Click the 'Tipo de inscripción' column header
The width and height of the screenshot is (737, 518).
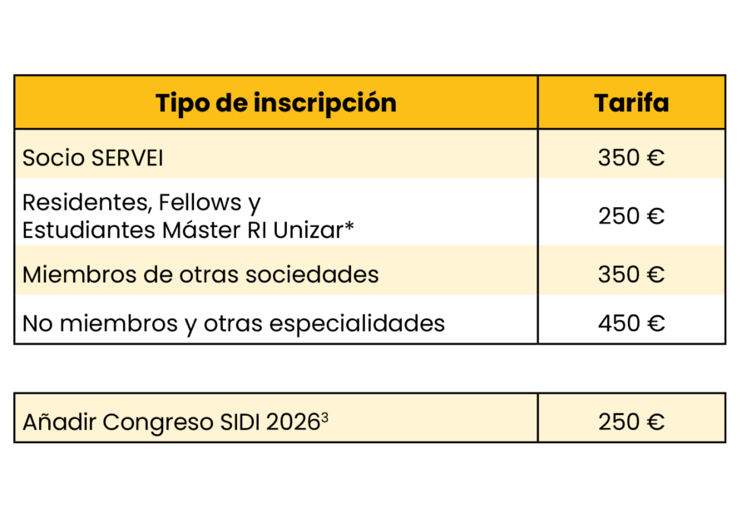275,103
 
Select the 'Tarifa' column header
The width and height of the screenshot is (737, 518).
631,103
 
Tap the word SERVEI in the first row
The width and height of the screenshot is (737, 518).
134,157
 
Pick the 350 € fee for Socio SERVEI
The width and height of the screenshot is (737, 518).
631,157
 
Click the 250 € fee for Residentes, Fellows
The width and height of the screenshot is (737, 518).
631,216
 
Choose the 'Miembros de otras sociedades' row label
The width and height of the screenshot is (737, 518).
200,274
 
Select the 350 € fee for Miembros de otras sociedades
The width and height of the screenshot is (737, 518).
631,274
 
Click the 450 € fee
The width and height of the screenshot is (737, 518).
631,323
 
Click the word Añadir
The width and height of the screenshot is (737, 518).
59,422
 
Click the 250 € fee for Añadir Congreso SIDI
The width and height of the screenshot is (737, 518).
631,422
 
